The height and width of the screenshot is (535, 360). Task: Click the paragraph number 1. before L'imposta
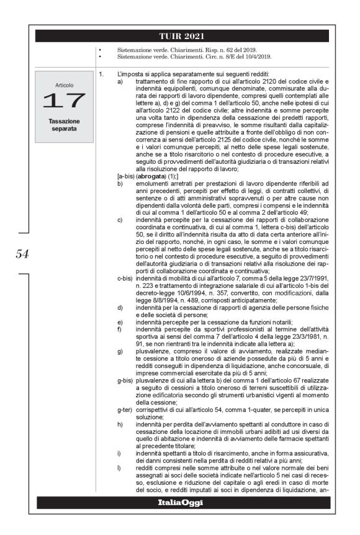coord(101,74)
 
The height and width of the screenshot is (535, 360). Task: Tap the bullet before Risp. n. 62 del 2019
coord(99,49)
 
